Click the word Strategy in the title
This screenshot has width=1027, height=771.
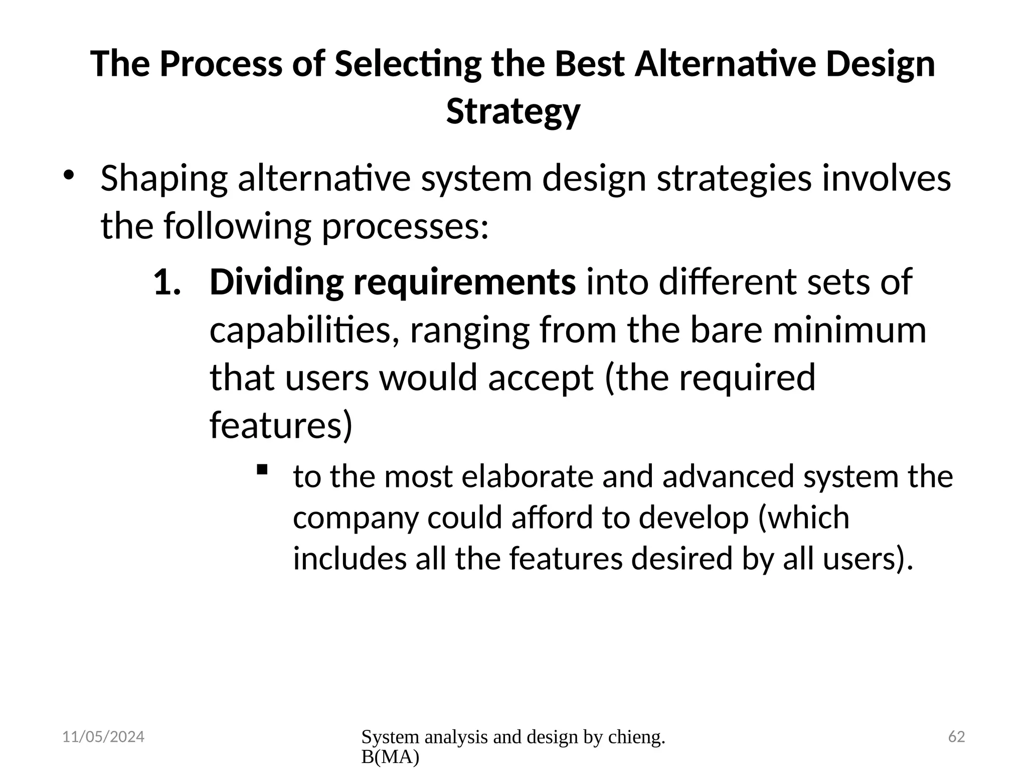pyautogui.click(x=513, y=111)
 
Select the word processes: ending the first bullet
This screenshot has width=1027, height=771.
pyautogui.click(x=405, y=226)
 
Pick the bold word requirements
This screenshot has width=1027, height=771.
pyautogui.click(x=464, y=283)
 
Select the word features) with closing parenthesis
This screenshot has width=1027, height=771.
pyautogui.click(x=281, y=425)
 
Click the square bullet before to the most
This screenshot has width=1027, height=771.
pyautogui.click(x=262, y=470)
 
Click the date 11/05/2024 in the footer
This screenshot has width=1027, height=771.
pyautogui.click(x=103, y=737)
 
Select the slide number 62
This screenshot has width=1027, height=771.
pyautogui.click(x=956, y=737)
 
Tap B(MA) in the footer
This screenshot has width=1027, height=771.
pyautogui.click(x=390, y=757)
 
